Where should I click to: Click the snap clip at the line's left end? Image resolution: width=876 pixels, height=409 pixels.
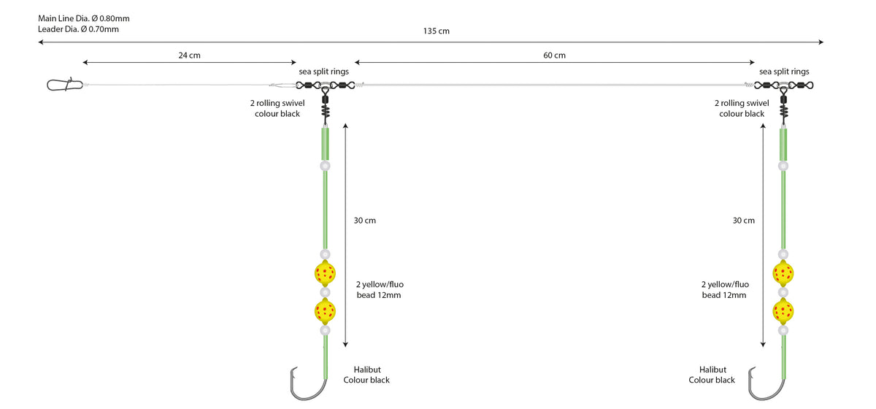click(x=65, y=84)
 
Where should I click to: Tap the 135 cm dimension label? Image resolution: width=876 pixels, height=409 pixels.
click(x=436, y=31)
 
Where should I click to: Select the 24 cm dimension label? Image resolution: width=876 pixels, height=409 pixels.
click(x=189, y=56)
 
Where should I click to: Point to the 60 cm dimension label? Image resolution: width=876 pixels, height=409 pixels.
click(x=554, y=56)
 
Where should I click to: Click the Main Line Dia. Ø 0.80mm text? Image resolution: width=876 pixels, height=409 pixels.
click(x=84, y=18)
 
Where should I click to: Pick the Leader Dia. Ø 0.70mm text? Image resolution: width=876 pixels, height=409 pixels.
click(x=78, y=29)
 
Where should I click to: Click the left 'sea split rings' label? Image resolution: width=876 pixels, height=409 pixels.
click(x=324, y=72)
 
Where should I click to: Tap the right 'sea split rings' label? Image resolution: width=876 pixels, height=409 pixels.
click(x=784, y=72)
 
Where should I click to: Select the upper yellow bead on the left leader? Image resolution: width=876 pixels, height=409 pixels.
click(x=325, y=273)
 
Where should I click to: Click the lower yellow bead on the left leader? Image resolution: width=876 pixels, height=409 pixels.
click(x=325, y=311)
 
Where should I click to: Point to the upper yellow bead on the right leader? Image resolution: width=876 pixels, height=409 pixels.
click(x=783, y=273)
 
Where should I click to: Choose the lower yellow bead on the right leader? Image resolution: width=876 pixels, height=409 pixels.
click(x=783, y=311)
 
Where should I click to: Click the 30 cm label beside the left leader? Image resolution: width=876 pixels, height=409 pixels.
click(x=365, y=221)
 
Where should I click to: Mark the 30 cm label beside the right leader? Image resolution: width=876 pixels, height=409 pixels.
click(x=743, y=221)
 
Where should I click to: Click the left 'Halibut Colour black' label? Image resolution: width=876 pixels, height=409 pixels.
click(x=366, y=375)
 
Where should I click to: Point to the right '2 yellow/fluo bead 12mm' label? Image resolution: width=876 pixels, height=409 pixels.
click(x=725, y=290)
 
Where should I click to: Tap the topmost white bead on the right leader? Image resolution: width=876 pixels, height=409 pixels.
click(x=783, y=166)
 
